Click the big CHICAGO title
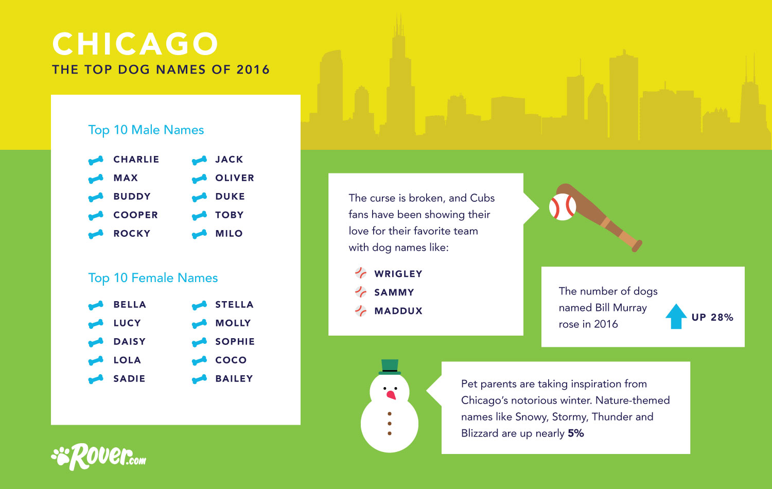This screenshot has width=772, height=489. pos(135,44)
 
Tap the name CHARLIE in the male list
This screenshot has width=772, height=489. pos(136,159)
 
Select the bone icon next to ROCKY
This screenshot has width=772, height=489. pos(96,234)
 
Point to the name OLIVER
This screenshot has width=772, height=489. pos(234,178)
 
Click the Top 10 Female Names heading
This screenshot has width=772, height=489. pos(153,278)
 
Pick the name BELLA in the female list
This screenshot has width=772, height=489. pos(130,305)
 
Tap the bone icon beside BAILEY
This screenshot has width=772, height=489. pos(199,379)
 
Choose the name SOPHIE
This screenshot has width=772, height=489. pos(235,341)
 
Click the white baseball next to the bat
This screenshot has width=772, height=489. pos(563,207)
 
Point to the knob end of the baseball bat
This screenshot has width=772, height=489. pos(637,246)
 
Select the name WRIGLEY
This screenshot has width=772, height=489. pos(398,274)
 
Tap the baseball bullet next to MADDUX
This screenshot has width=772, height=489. pos(361,311)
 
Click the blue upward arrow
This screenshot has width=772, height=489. pos(676,317)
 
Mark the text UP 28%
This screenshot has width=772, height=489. pos(712,318)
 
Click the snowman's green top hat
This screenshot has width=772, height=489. pos(390,367)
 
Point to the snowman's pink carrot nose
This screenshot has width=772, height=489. pos(391,395)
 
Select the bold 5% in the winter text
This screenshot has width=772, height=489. pos(575,433)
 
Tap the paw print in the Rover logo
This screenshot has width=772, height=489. pos(61,456)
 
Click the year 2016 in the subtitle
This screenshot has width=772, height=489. pos(253,69)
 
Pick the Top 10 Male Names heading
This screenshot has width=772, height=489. pos(146,130)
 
